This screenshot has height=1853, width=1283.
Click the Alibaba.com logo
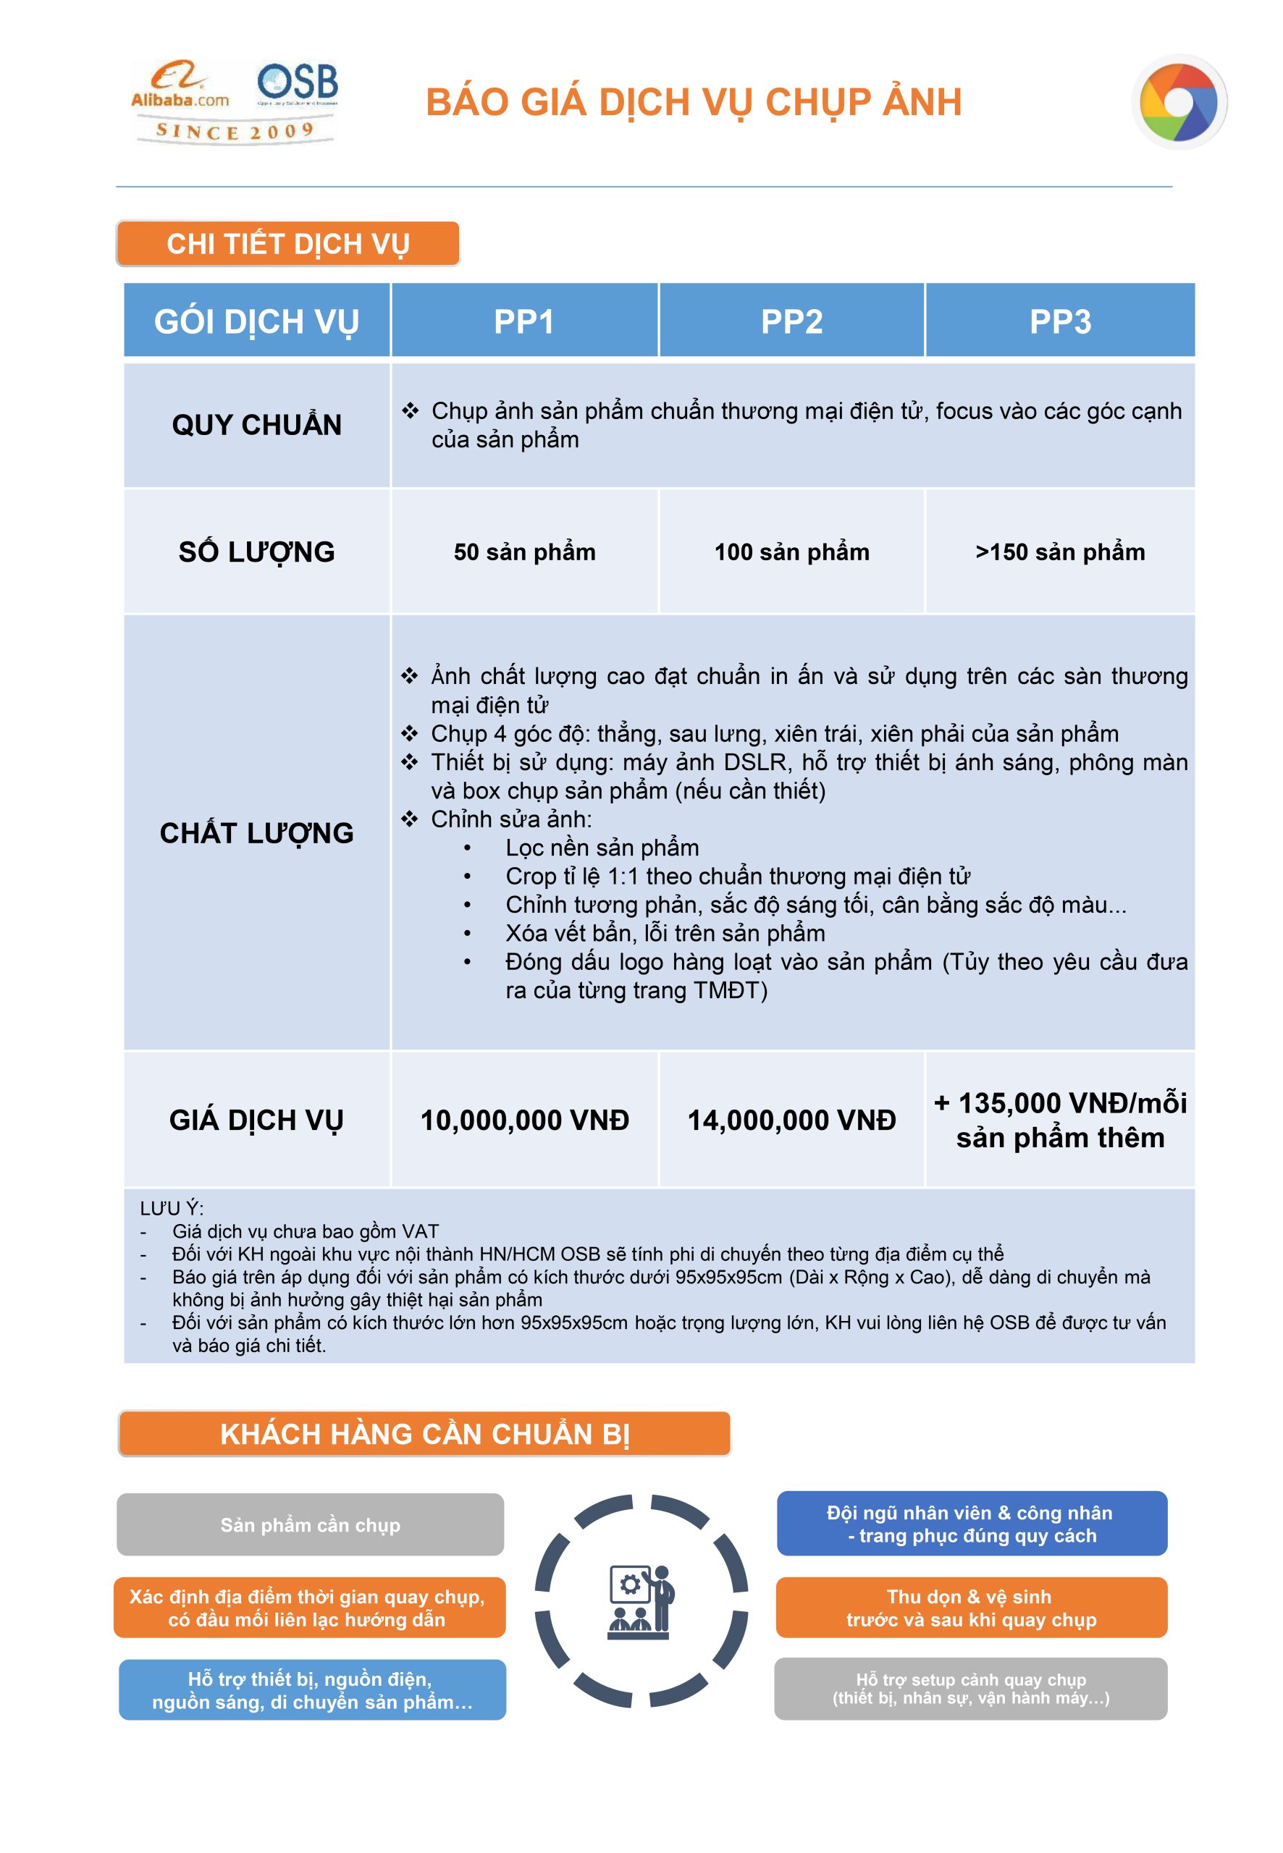pos(180,86)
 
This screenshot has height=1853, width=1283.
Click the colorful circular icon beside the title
pos(1179,102)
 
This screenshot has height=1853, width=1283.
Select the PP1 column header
pos(524,321)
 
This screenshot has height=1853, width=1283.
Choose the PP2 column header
pos(792,321)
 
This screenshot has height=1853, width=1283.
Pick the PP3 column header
pos(1060,321)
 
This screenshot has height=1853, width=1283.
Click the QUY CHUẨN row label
pos(256,425)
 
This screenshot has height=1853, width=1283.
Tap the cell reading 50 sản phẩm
pos(524,552)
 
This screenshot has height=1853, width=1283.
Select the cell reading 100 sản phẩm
pos(792,552)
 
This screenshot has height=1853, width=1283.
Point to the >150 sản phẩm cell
pos(1060,552)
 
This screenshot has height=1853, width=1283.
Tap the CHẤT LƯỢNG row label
pos(256,833)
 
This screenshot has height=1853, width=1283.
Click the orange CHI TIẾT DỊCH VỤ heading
pos(287,243)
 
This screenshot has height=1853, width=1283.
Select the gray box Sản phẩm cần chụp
pos(311,1524)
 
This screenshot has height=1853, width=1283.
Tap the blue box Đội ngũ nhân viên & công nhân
pos(971,1524)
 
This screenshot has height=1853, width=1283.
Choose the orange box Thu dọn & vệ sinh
pos(971,1608)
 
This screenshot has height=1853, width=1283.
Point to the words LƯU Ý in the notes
pos(171,1209)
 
